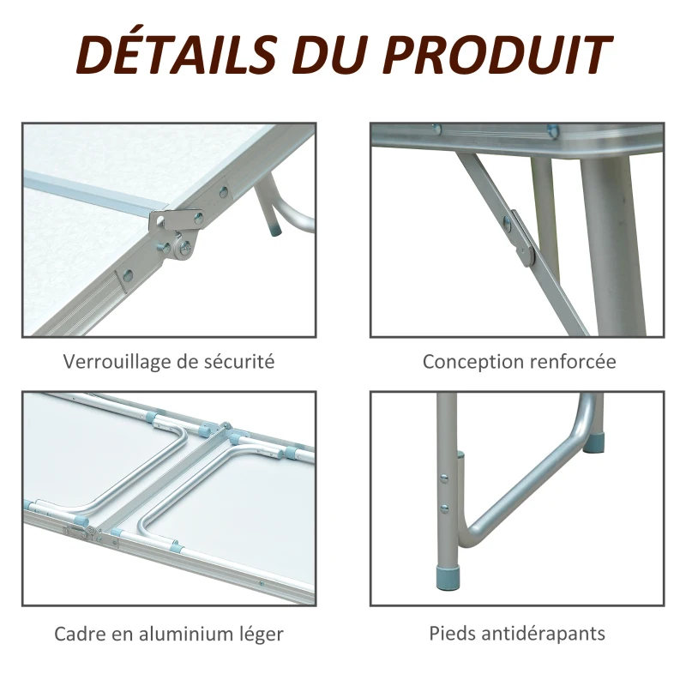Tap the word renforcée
pyautogui.click(x=573, y=361)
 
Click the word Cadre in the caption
pyautogui.click(x=80, y=635)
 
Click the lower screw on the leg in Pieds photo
pyautogui.click(x=444, y=508)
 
